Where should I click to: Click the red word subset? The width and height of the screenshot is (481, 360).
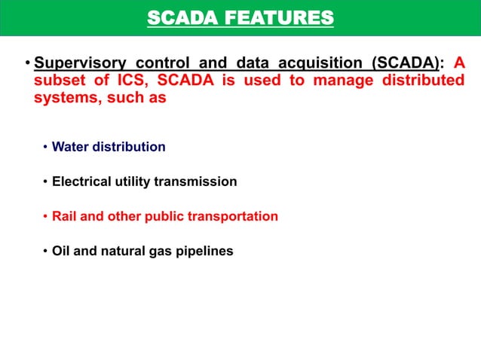pyautogui.click(x=57, y=81)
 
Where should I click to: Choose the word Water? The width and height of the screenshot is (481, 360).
pyautogui.click(x=70, y=147)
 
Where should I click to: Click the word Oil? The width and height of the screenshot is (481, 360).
pyautogui.click(x=61, y=251)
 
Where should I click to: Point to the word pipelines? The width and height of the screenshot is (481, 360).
pyautogui.click(x=205, y=251)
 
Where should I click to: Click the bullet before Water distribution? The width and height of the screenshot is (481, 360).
pyautogui.click(x=45, y=147)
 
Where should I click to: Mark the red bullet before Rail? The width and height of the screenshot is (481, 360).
pyautogui.click(x=45, y=216)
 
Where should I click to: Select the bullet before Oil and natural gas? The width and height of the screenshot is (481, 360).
pyautogui.click(x=45, y=251)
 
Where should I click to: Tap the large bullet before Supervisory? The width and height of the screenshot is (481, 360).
pyautogui.click(x=27, y=64)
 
